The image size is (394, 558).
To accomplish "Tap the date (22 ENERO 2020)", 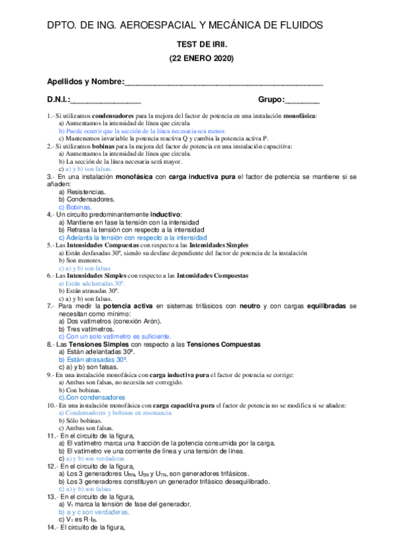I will pos(197,59).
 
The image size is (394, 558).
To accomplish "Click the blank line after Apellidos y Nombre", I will pos(224,82).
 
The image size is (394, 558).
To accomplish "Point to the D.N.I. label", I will pos(59,100).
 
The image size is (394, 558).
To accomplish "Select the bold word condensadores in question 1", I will pos(118,115).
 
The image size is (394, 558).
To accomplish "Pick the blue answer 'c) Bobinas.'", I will pos(76,207).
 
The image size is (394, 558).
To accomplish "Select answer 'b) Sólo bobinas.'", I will pos(82,420).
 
